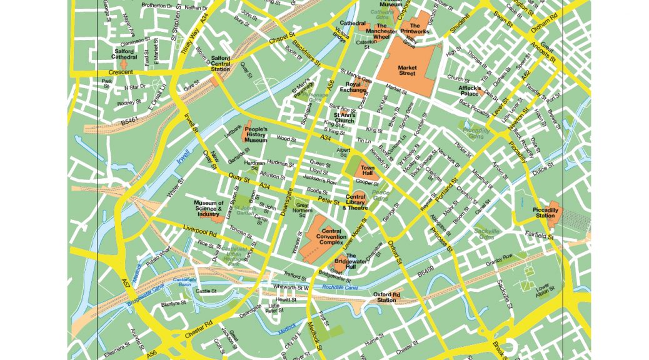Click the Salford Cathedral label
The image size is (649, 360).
point(125,54)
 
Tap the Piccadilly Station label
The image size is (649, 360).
point(545,213)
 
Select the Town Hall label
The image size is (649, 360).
point(367,170)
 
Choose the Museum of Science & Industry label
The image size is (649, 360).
point(208,209)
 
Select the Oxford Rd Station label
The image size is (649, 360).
point(386,297)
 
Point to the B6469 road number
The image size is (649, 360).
point(425,274)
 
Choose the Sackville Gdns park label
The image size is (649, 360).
point(487,234)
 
